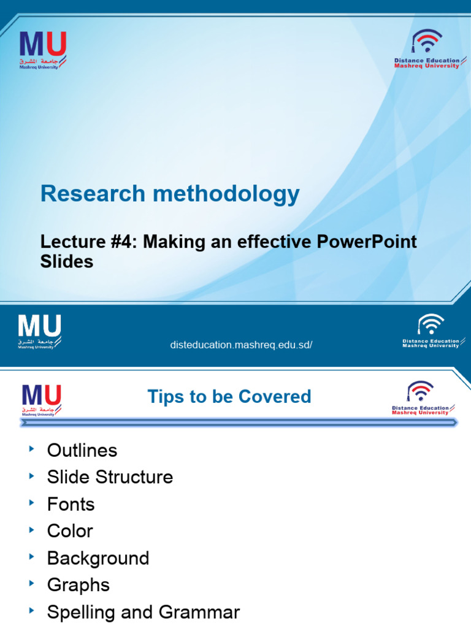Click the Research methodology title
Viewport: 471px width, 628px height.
coord(170,194)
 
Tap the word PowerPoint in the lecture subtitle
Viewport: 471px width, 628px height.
coord(367,242)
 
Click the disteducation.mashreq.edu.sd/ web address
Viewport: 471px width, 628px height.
coord(241,345)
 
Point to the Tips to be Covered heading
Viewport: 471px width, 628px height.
coord(229,396)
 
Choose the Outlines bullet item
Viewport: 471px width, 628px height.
coord(82,451)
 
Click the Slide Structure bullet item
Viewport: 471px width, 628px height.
coord(110,478)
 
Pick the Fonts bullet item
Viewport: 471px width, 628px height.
coord(71,505)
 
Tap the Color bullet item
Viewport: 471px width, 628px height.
coord(71,531)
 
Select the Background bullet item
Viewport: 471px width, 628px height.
coord(98,558)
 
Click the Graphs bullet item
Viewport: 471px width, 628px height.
coord(78,585)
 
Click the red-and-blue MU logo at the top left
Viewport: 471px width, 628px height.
coord(43,49)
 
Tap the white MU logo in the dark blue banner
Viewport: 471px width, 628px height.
coord(40,331)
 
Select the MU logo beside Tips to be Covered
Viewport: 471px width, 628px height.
coord(42,399)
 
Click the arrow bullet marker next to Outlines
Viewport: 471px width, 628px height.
coord(32,450)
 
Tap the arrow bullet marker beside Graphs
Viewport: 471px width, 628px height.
coord(32,584)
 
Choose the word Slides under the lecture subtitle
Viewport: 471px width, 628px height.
coord(67,262)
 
